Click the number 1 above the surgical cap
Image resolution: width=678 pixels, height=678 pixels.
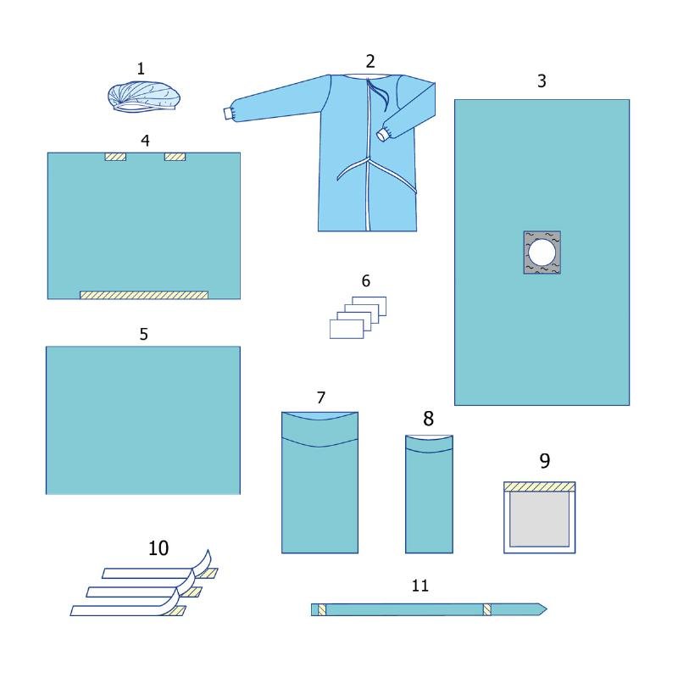coord(141,69)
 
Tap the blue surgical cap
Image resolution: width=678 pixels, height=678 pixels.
coord(144,97)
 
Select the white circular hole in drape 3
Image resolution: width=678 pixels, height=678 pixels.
coord(542,252)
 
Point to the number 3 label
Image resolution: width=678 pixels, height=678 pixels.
coord(542,81)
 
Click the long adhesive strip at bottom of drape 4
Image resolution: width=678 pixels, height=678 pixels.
coord(144,295)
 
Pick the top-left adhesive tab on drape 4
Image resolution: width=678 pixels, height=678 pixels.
coord(115,157)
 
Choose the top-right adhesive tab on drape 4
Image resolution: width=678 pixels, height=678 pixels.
coord(175,157)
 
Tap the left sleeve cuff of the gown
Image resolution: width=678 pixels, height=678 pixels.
coord(228,114)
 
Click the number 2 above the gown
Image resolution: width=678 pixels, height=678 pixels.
coord(370,61)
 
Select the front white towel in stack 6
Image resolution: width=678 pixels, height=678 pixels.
coord(347,329)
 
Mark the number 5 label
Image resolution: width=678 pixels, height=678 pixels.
coord(144,334)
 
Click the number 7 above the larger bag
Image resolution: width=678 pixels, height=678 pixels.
coord(321,397)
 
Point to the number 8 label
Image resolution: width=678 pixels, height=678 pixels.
coord(429,419)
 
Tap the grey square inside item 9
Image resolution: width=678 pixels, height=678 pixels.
coord(539,519)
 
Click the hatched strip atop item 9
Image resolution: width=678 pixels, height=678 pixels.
coord(540,486)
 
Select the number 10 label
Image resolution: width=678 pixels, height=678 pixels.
coord(158,548)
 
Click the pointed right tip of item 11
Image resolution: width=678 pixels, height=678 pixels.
coord(547,609)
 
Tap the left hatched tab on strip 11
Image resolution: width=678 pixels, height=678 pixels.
coord(322,609)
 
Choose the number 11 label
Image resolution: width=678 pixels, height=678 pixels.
coord(420,586)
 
